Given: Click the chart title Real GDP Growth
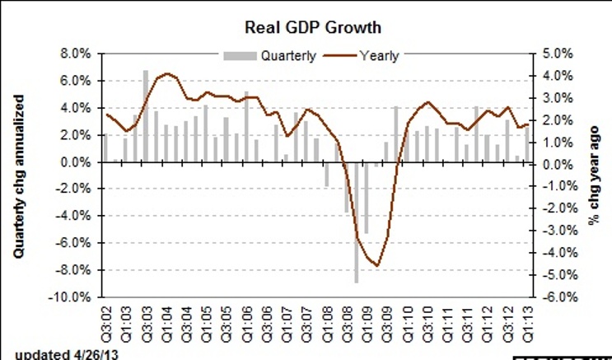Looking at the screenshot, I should coord(312,27).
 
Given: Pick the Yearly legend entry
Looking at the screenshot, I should coord(378,56).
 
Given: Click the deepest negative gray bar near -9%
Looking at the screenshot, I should coord(357,222).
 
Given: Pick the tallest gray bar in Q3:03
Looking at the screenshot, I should coord(145,116).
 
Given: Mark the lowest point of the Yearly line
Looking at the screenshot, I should coord(377,265).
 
